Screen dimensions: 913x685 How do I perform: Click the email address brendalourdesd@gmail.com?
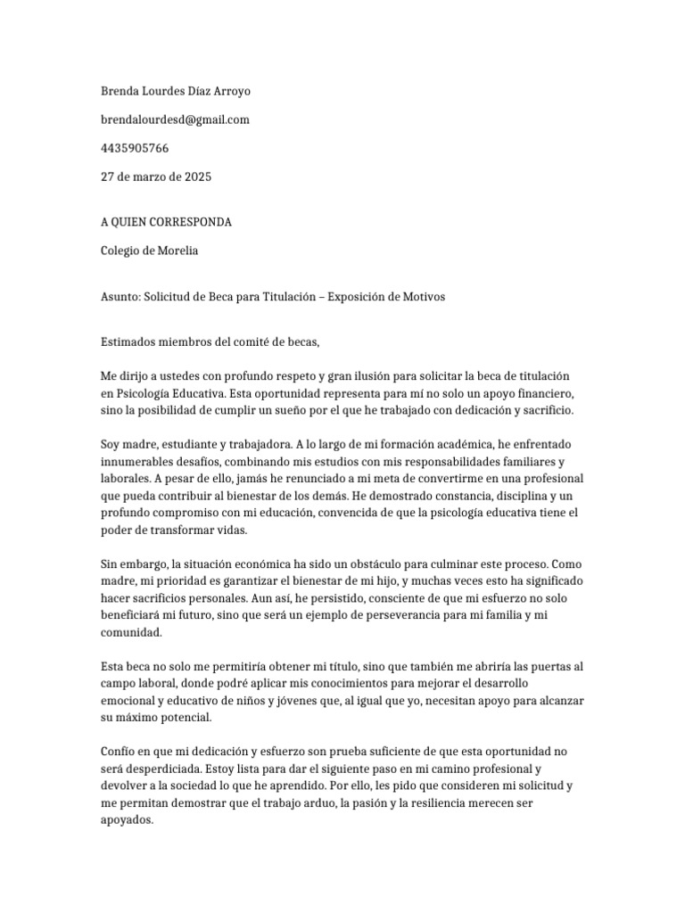[x=174, y=119]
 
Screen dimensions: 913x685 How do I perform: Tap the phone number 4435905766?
[x=134, y=148]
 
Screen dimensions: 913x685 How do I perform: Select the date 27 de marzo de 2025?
[x=155, y=177]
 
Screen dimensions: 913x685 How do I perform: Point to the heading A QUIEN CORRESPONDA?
[x=166, y=222]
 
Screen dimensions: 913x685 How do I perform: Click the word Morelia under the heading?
[x=177, y=251]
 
